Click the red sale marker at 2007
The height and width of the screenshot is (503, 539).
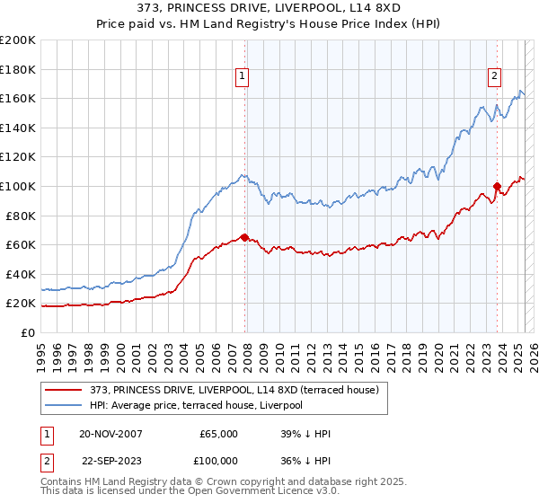click(x=245, y=237)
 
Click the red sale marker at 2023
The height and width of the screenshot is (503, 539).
click(x=497, y=187)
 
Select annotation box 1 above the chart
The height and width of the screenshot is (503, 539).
click(x=243, y=77)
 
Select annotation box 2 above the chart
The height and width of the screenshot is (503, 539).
click(x=494, y=77)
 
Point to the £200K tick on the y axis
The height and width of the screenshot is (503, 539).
click(x=18, y=40)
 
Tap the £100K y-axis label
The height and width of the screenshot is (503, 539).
click(x=18, y=186)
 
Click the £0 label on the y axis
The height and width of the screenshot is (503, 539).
click(x=29, y=332)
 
